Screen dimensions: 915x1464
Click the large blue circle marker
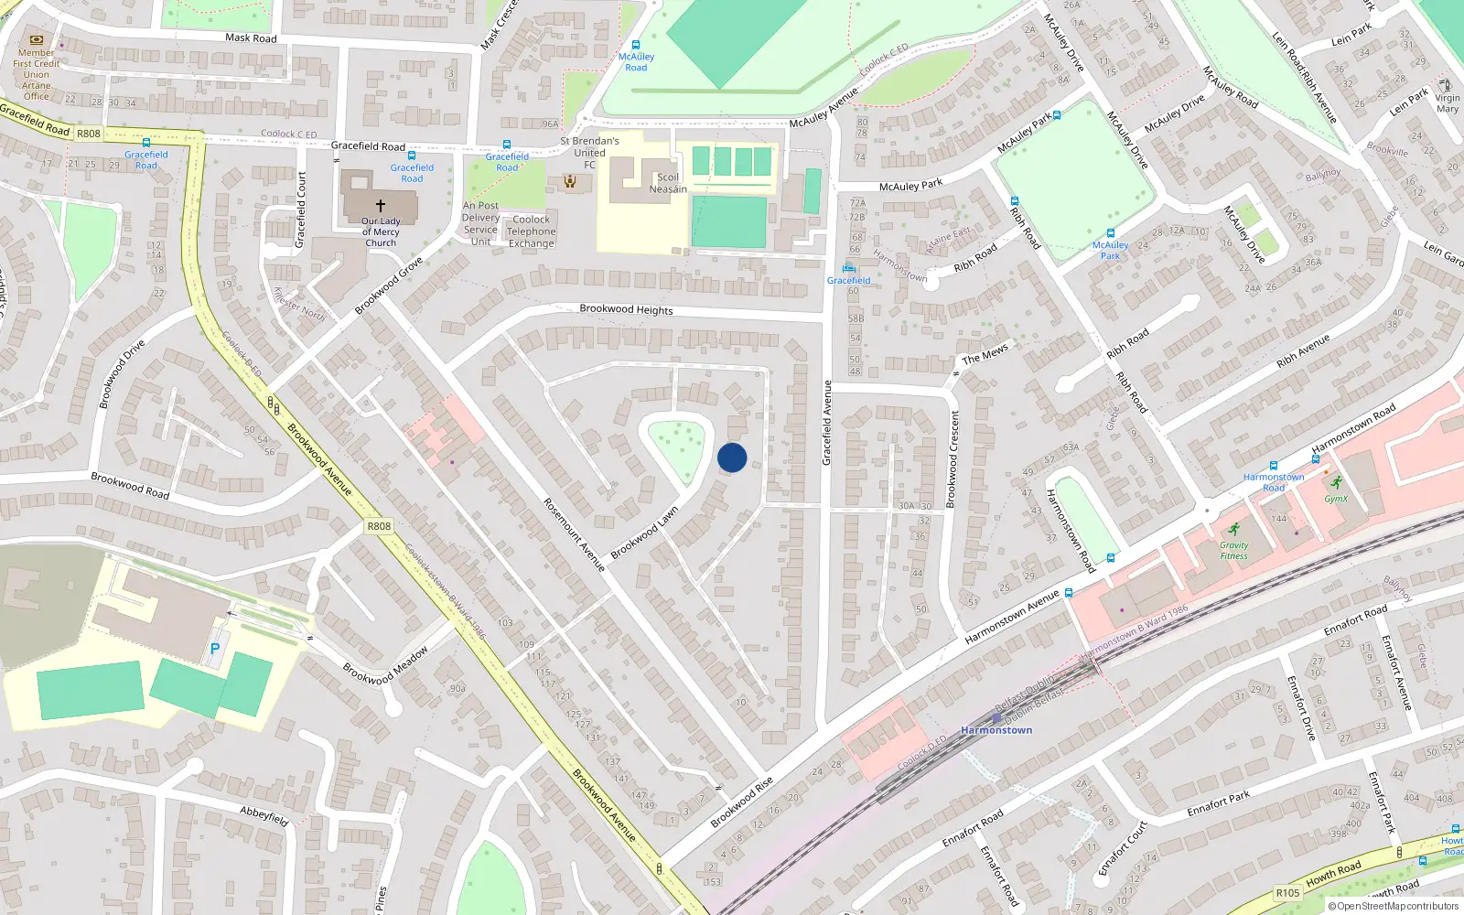pos(732,457)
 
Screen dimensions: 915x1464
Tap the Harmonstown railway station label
pos(996,730)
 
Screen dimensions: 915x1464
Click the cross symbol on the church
pos(381,206)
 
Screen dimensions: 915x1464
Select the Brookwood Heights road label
pos(626,309)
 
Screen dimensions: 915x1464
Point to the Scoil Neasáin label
pos(668,183)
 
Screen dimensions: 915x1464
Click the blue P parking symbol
pos(215,649)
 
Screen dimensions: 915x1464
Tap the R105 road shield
pos(1287,892)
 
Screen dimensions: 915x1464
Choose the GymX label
pos(1336,499)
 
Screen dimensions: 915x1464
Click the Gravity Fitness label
pos(1233,550)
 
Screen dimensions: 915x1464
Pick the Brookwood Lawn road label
pos(645,532)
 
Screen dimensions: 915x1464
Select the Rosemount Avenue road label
pos(574,534)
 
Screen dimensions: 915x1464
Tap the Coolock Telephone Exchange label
pos(532,231)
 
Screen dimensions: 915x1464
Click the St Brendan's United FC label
pos(589,153)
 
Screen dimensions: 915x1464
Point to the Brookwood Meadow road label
pos(385,666)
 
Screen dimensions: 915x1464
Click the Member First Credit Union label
pos(37,74)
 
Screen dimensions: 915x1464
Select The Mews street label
pos(985,354)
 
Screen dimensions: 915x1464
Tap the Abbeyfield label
pos(264,815)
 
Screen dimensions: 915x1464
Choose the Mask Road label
pos(251,38)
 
